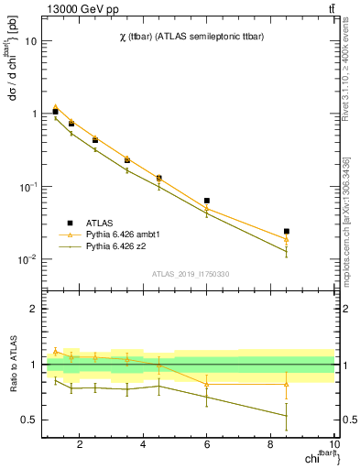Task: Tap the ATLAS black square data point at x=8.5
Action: [287, 232]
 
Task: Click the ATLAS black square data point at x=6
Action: [207, 201]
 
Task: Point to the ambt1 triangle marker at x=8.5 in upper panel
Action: [287, 239]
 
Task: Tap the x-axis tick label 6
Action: [207, 446]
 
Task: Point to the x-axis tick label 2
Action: [81, 446]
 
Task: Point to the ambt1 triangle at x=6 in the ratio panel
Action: [207, 384]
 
